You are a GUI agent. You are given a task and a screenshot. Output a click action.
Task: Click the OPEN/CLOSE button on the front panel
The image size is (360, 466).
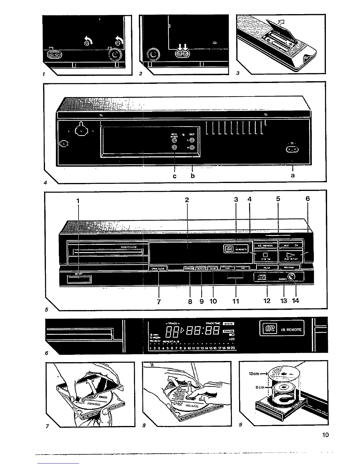tap(159, 268)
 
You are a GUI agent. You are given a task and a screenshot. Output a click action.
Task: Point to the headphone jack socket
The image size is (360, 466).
tap(292, 277)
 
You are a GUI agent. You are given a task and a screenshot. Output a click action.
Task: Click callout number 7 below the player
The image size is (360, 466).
tap(159, 301)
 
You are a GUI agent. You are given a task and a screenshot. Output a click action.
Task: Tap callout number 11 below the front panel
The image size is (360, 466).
tap(236, 301)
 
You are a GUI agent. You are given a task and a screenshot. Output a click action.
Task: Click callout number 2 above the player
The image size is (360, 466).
tap(187, 199)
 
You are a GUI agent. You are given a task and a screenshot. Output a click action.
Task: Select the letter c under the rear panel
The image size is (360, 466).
tap(175, 176)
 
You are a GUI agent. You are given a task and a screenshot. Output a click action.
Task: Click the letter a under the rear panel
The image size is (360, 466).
tap(292, 176)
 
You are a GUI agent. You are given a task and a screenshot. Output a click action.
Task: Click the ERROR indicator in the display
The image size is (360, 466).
tap(229, 324)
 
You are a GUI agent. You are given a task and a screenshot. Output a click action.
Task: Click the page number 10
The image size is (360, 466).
tap(325, 435)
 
